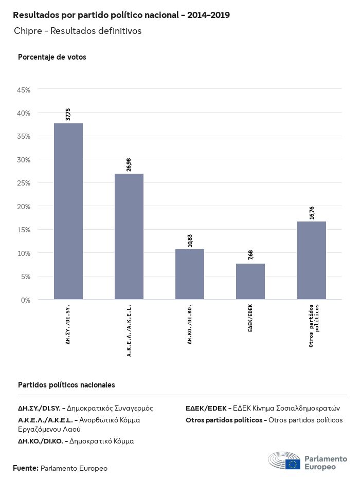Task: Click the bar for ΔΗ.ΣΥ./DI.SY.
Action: (68, 211)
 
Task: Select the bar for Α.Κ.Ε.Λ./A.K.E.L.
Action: (129, 236)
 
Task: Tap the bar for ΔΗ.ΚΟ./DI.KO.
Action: (190, 274)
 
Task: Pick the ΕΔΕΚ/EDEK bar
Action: (250, 282)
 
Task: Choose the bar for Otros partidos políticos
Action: (311, 261)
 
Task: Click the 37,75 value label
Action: (68, 114)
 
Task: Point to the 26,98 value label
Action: (129, 164)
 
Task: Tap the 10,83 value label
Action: (190, 240)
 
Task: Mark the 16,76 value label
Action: (311, 212)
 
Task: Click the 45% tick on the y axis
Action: (24, 90)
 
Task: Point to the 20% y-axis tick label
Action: (24, 207)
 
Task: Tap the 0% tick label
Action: (26, 300)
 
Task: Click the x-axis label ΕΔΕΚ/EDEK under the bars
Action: (250, 318)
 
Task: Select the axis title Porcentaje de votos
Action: (52, 57)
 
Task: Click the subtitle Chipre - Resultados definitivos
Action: (78, 31)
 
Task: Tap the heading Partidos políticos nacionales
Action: (66, 385)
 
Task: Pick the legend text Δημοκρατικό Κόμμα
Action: (102, 441)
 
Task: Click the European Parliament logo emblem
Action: (284, 461)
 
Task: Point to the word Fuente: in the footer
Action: (25, 468)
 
